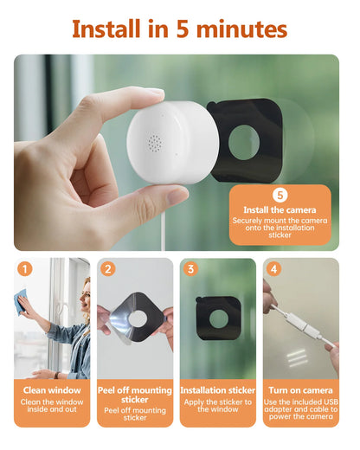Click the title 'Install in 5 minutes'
click(x=179, y=29)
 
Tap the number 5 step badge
click(x=280, y=196)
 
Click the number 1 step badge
click(x=25, y=269)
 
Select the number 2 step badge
click(x=108, y=269)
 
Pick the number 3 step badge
click(x=191, y=269)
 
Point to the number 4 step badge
click(x=274, y=269)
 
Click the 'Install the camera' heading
click(x=280, y=210)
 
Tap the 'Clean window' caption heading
click(x=52, y=389)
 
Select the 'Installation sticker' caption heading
click(x=218, y=389)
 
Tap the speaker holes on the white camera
click(x=155, y=142)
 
